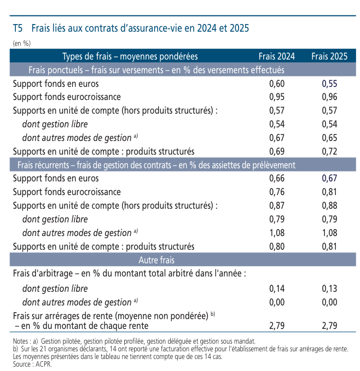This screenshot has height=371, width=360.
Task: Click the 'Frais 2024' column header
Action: tap(277, 56)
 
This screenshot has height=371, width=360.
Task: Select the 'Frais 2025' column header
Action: tap(329, 56)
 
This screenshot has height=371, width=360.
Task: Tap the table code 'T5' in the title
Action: tap(18, 28)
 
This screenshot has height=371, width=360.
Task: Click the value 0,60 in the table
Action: tap(277, 84)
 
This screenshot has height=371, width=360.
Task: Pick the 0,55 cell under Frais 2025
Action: tap(329, 84)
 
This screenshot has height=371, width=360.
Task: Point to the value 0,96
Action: tap(329, 97)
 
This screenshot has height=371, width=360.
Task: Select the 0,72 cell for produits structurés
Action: tap(329, 151)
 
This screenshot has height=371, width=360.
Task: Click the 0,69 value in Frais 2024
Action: tap(277, 151)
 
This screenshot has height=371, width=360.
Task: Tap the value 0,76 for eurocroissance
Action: tap(277, 192)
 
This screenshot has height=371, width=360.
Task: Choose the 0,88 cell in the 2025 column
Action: tap(329, 205)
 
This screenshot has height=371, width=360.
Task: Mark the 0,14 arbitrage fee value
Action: tap(277, 288)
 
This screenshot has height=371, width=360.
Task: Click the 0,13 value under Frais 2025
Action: tap(329, 288)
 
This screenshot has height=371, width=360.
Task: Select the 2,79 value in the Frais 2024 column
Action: tap(277, 326)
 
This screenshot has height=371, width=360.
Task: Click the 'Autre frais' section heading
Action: tap(156, 260)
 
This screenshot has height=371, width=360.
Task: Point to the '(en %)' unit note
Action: tap(22, 43)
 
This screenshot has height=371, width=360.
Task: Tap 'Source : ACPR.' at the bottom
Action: tap(32, 364)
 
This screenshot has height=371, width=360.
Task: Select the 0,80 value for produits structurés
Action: tap(277, 246)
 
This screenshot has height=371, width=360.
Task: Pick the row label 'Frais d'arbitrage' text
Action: tap(43, 274)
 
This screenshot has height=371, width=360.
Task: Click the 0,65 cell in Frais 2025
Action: tap(329, 138)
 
